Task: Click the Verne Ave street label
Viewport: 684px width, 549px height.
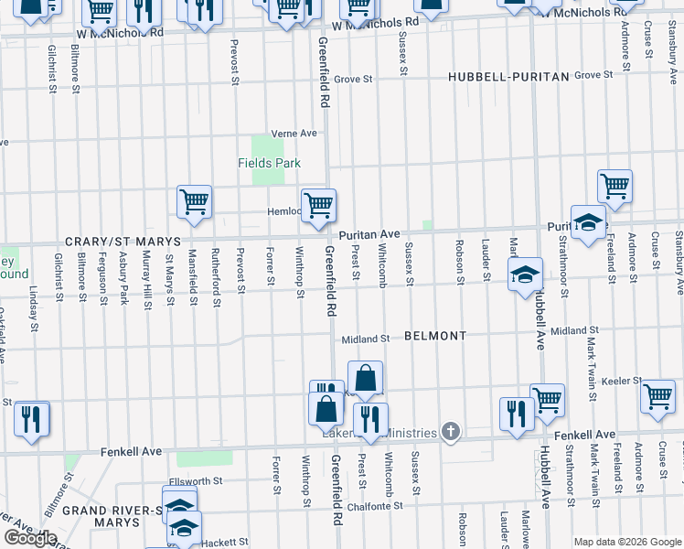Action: click(x=293, y=134)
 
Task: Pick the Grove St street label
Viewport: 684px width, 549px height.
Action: click(x=353, y=80)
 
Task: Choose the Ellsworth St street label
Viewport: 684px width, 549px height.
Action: click(x=198, y=480)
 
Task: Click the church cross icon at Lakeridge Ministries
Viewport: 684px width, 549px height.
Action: click(x=450, y=431)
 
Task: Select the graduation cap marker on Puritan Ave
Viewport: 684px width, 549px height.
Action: click(x=589, y=222)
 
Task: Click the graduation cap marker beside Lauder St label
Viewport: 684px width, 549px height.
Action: click(x=524, y=274)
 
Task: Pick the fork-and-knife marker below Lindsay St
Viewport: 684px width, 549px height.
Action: click(x=32, y=418)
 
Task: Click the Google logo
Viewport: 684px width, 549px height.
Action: click(x=29, y=538)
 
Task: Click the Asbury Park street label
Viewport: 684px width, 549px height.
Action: click(x=123, y=282)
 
